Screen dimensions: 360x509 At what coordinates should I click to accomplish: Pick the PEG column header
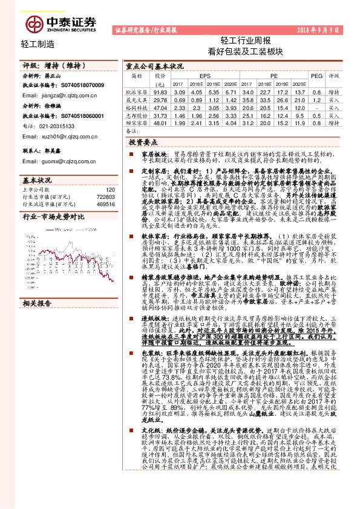click(x=316, y=76)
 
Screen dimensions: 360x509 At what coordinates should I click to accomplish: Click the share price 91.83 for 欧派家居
click(x=160, y=91)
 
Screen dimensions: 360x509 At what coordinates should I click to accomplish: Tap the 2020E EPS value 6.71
click(x=229, y=91)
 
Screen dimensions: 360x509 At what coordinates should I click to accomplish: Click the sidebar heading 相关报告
click(x=38, y=302)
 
